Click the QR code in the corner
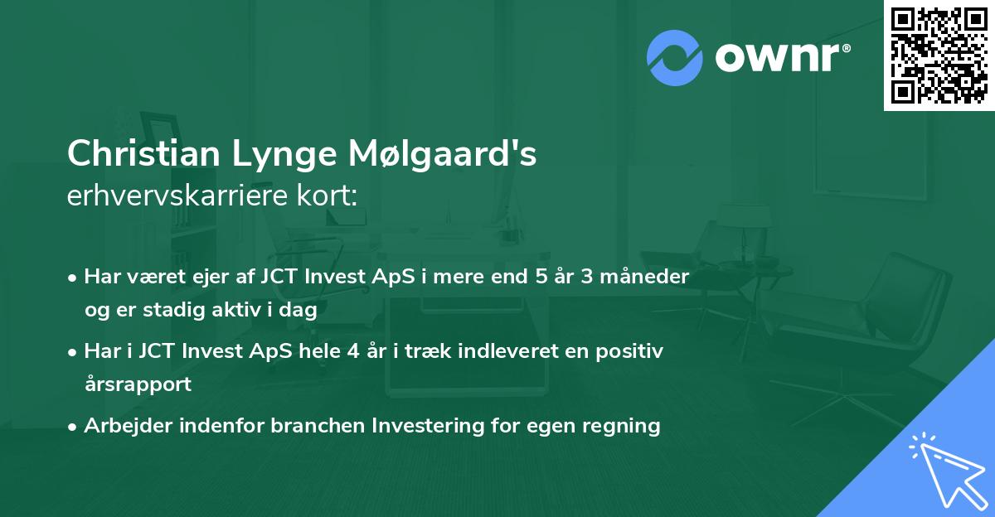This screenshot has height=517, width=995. [939, 55]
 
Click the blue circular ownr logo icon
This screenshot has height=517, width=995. [674, 57]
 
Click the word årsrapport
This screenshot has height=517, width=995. [138, 384]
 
